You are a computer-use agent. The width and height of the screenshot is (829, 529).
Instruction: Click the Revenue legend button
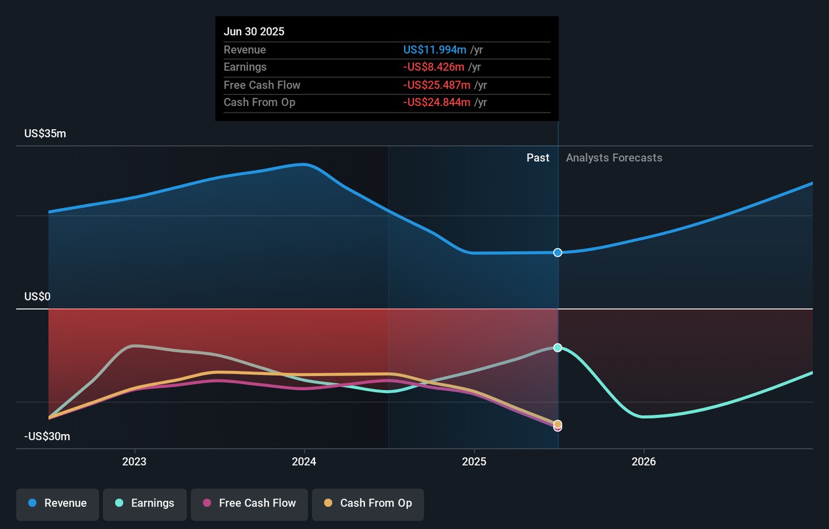pyautogui.click(x=58, y=504)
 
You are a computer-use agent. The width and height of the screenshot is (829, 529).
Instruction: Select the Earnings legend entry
pyautogui.click(x=144, y=504)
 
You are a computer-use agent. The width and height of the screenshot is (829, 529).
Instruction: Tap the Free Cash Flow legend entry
pyautogui.click(x=249, y=504)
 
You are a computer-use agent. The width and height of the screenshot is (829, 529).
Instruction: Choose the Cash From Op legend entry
pyautogui.click(x=368, y=504)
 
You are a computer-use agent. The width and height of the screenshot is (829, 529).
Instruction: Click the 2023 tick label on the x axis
pyautogui.click(x=134, y=462)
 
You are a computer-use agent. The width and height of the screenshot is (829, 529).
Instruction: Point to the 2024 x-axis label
pyautogui.click(x=304, y=462)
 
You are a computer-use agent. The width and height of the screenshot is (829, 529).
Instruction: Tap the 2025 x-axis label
pyautogui.click(x=474, y=462)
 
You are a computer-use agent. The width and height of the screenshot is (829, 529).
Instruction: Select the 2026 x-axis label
pyautogui.click(x=644, y=462)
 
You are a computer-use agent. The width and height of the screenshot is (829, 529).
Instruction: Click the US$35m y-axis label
pyautogui.click(x=45, y=134)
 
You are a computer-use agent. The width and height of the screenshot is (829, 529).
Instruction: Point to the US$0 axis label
pyautogui.click(x=37, y=296)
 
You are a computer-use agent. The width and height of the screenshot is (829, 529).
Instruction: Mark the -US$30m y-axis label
pyautogui.click(x=47, y=436)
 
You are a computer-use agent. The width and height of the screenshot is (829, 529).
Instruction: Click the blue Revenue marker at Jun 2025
pyautogui.click(x=558, y=253)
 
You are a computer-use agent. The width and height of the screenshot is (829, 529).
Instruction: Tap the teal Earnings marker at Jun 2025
pyautogui.click(x=558, y=348)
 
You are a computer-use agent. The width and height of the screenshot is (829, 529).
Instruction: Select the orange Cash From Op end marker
pyautogui.click(x=558, y=424)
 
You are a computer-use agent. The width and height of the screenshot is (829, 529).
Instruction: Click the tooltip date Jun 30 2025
pyautogui.click(x=254, y=32)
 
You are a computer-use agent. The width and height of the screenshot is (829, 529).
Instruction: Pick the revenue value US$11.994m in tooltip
pyautogui.click(x=435, y=50)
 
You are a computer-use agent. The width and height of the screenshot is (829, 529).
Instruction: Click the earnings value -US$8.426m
pyautogui.click(x=433, y=67)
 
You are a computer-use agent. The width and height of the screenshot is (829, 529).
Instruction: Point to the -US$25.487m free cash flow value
pyautogui.click(x=437, y=85)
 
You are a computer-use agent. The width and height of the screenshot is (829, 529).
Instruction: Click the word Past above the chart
pyautogui.click(x=538, y=158)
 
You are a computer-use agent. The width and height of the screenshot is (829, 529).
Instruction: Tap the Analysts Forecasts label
pyautogui.click(x=614, y=158)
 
